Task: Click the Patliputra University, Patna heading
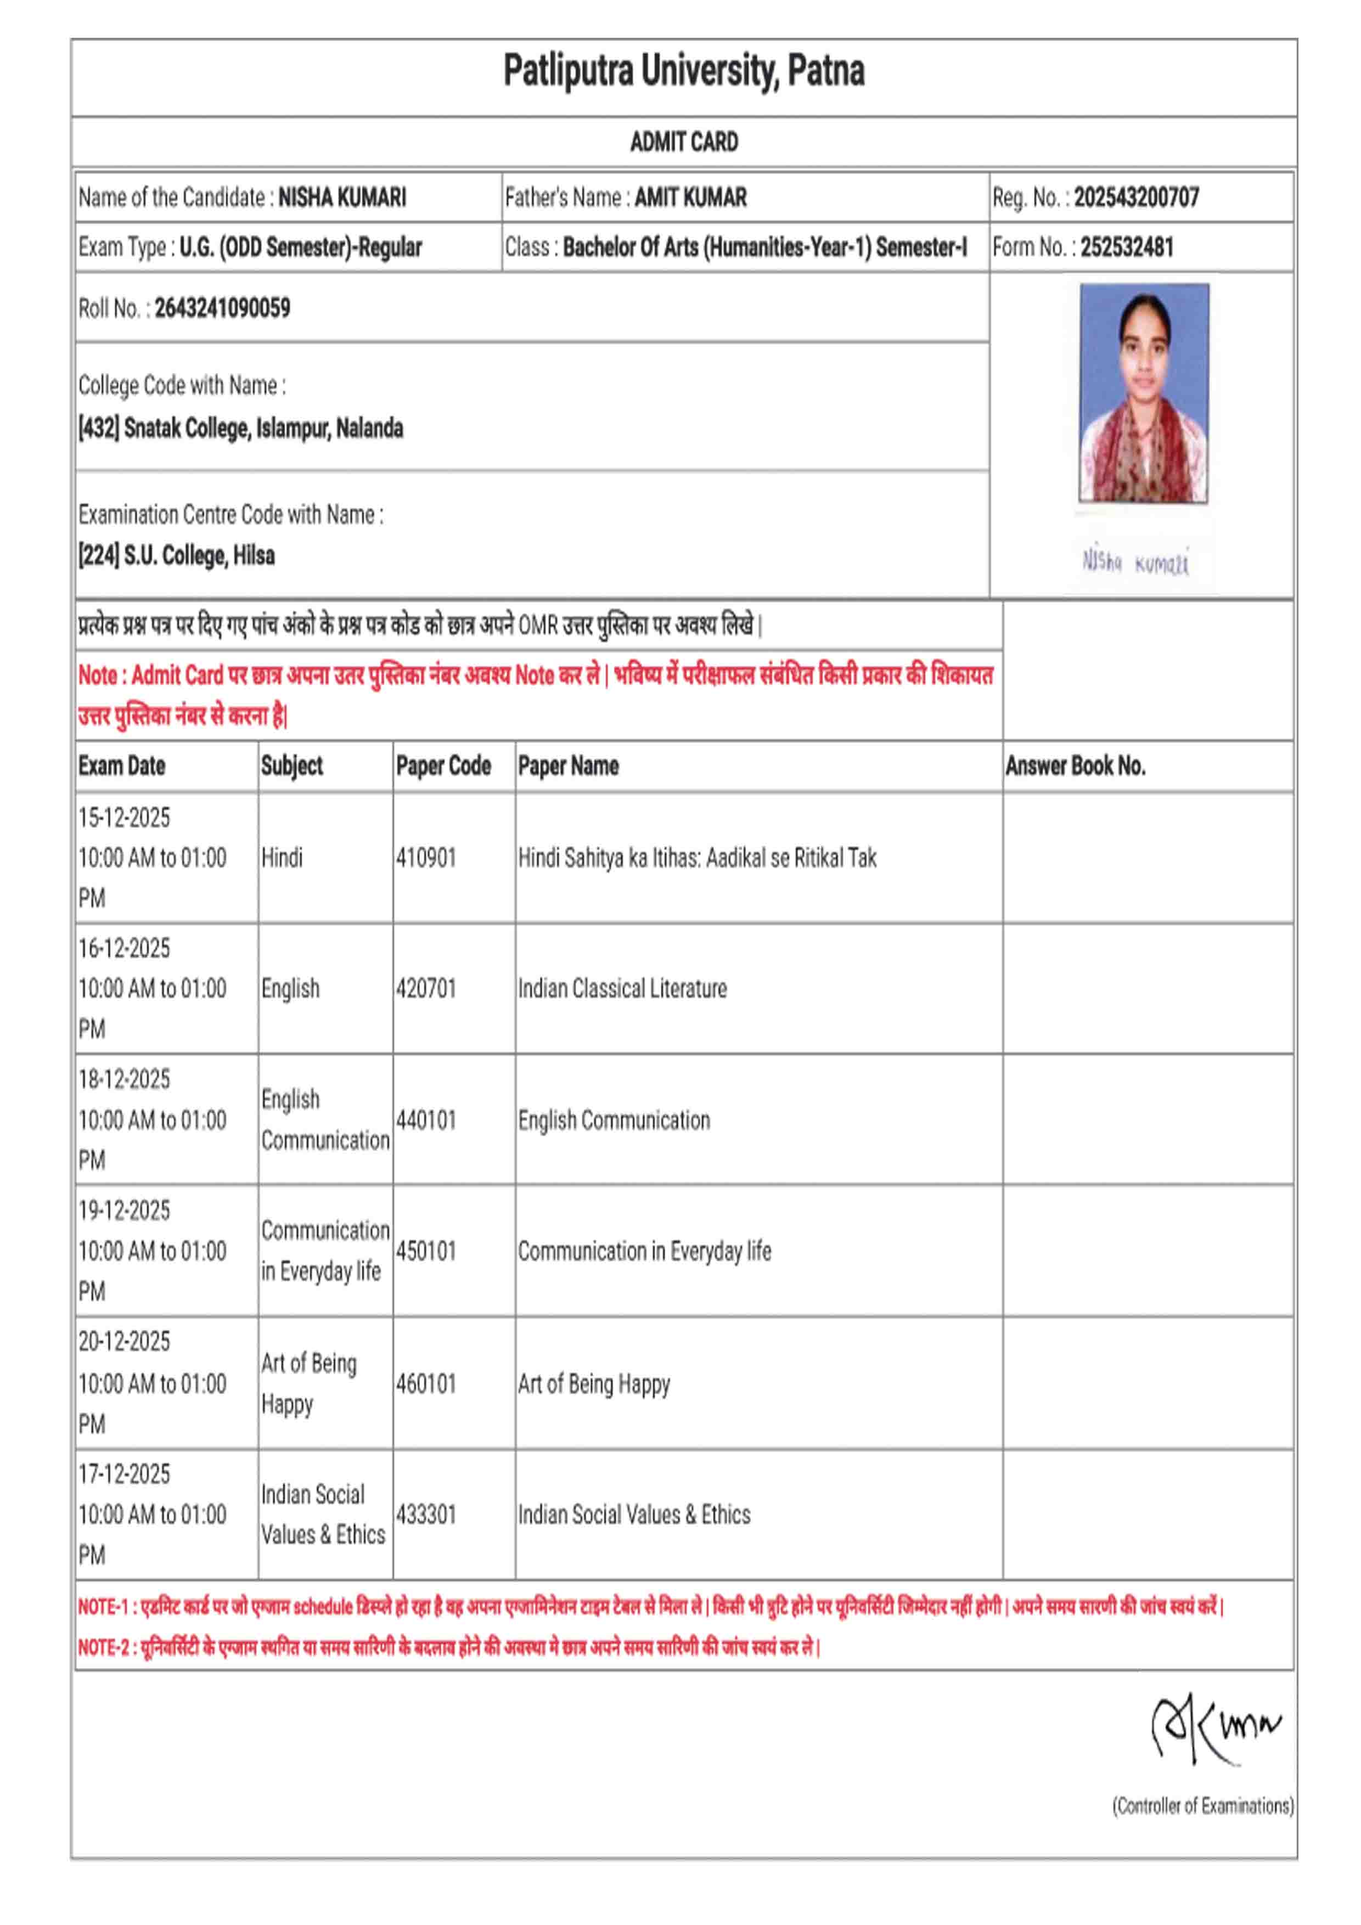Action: tap(683, 70)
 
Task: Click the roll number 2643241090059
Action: tap(222, 308)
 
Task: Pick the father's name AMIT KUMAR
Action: tap(690, 198)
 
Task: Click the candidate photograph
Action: tap(1144, 392)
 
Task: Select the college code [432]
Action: tap(99, 429)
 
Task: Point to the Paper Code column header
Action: tap(443, 766)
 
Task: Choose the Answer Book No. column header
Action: tap(1075, 766)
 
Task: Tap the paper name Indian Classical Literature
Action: tap(622, 988)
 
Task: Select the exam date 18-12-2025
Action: tap(124, 1079)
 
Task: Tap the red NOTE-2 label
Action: tap(104, 1647)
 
